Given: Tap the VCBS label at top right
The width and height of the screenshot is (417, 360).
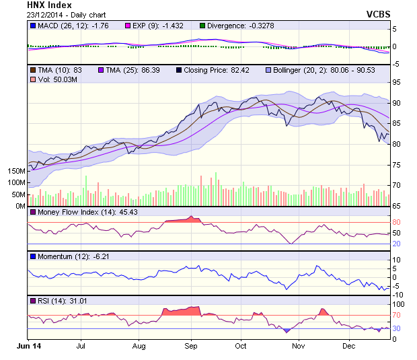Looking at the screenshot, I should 377,14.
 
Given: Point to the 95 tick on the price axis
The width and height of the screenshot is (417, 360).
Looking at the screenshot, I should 397,82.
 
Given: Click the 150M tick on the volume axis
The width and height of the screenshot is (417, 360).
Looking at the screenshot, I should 16,171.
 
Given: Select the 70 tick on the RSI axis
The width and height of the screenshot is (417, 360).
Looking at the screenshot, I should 397,315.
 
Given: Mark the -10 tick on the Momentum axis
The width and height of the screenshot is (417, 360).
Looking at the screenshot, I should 398,294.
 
